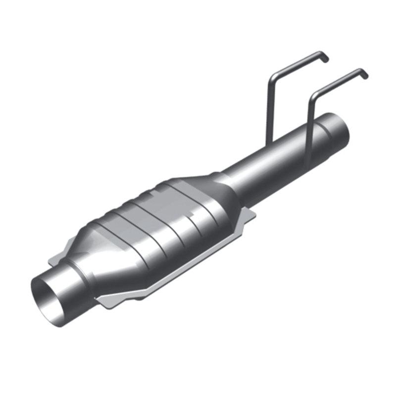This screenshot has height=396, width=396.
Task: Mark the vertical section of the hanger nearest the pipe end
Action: click(x=309, y=124)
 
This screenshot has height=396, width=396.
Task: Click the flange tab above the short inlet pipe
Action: click(x=57, y=255)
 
